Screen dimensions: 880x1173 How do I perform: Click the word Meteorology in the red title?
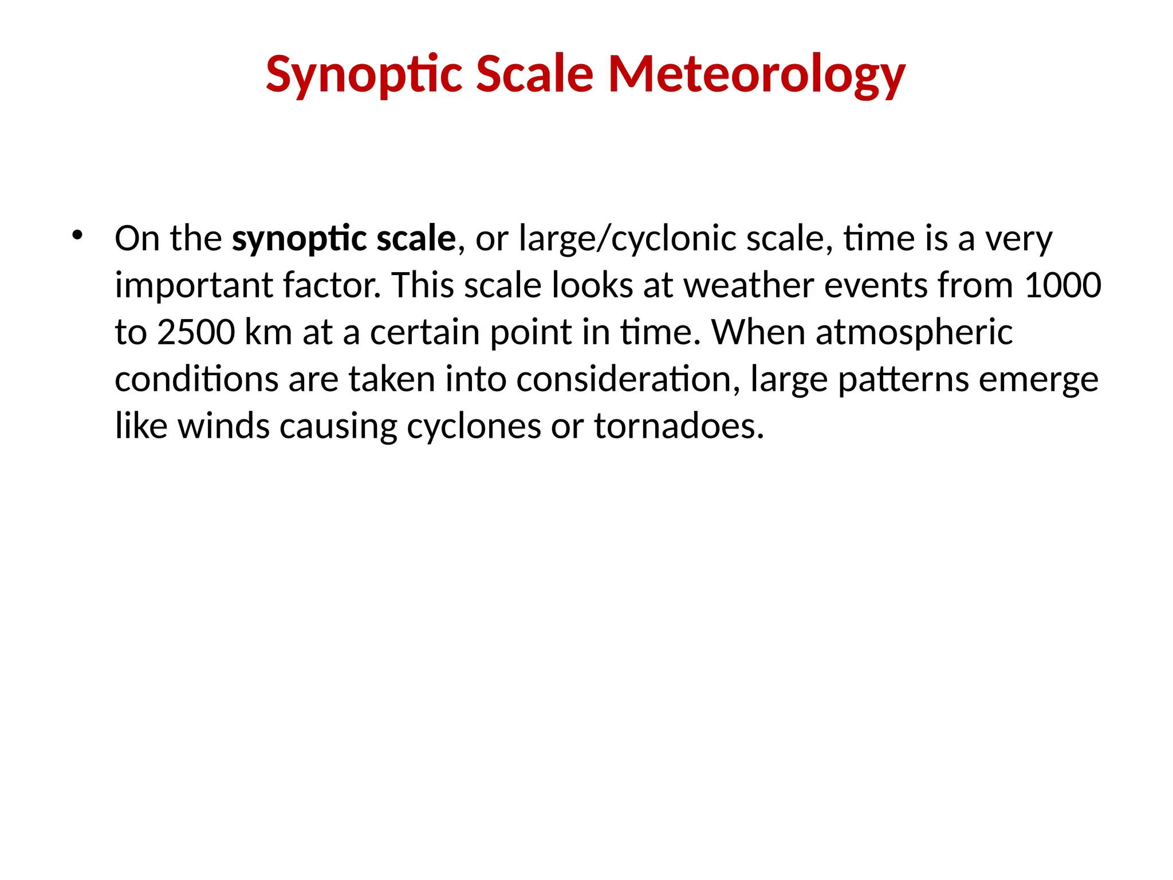click(756, 74)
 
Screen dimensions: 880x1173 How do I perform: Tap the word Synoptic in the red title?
click(364, 74)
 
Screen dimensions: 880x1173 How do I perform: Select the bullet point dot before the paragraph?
click(77, 234)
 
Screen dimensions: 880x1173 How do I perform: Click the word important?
click(193, 286)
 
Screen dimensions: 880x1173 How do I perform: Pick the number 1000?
click(1062, 286)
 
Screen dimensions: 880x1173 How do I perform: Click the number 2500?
click(195, 333)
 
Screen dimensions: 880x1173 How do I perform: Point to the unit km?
click(268, 333)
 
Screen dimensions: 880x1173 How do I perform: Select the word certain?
click(424, 333)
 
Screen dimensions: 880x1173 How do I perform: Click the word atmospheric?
click(914, 333)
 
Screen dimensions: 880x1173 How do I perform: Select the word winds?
click(223, 427)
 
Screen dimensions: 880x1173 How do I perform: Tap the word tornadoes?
click(678, 427)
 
